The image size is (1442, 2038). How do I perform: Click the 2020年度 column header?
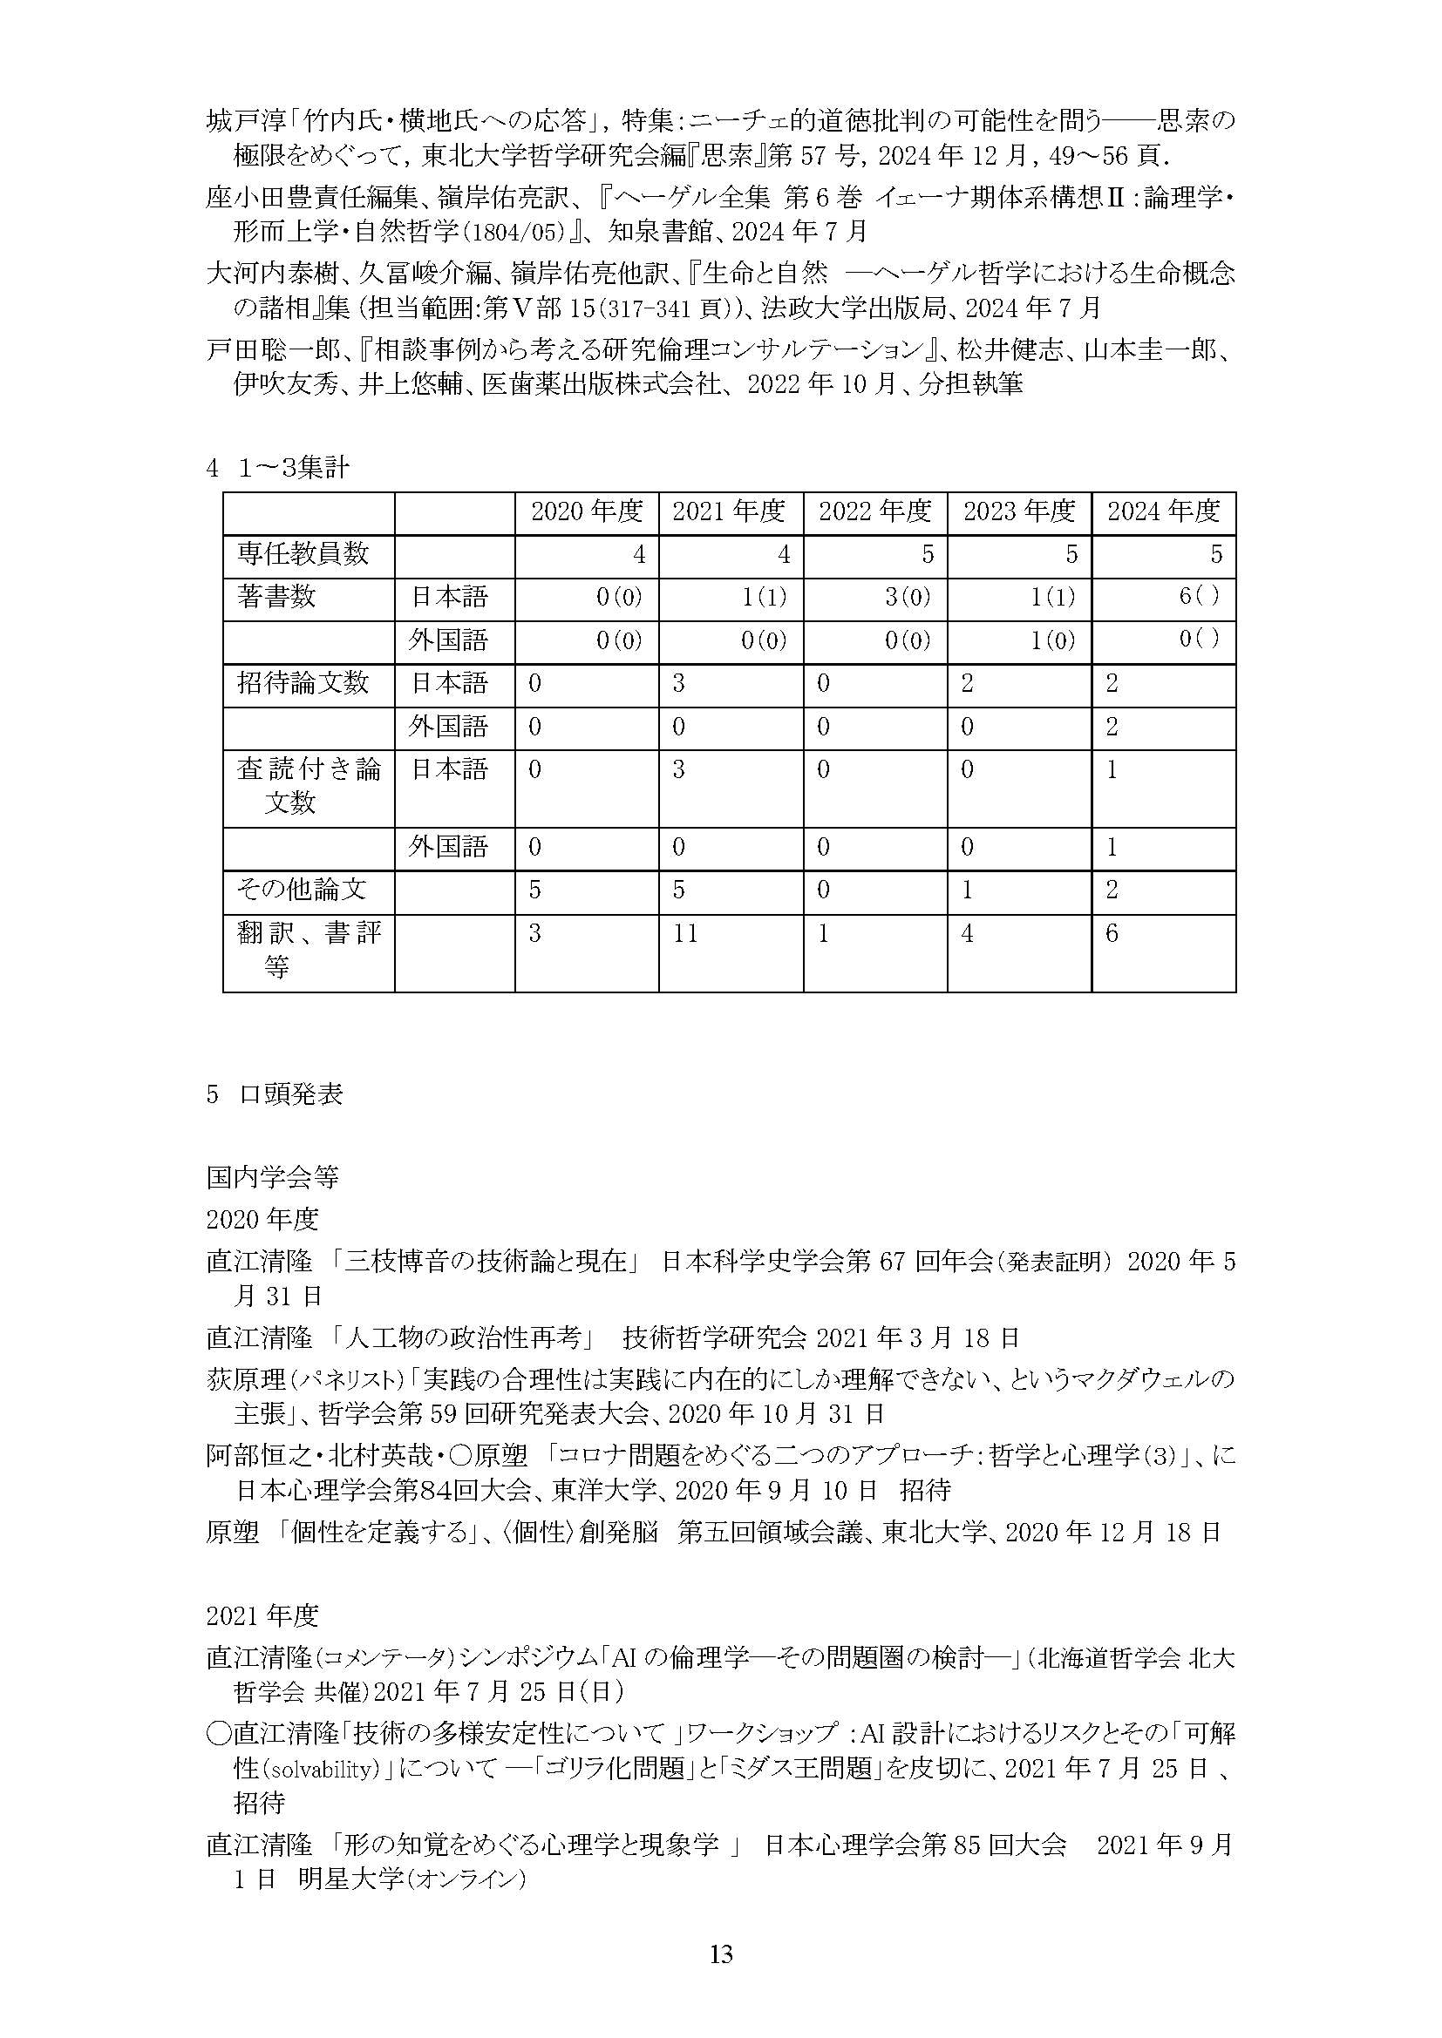[x=586, y=512]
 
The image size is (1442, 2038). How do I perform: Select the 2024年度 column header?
[x=1163, y=512]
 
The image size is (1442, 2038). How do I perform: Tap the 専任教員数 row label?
[x=302, y=555]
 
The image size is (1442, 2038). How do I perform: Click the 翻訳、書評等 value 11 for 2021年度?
[x=684, y=934]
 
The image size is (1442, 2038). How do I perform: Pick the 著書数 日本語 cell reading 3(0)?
[x=908, y=598]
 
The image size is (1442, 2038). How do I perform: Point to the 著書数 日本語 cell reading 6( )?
[x=1199, y=597]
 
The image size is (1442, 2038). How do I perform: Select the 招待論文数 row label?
[x=302, y=683]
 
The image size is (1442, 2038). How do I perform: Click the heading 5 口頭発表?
[x=275, y=1095]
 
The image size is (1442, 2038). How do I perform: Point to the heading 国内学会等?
[x=273, y=1178]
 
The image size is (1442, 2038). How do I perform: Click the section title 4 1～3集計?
[x=277, y=469]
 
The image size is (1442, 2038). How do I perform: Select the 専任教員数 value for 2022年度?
[x=927, y=555]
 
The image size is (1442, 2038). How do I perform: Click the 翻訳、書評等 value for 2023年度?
[x=967, y=934]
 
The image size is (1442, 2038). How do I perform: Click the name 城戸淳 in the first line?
[x=233, y=121]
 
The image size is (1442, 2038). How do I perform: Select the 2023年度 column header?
[x=1019, y=512]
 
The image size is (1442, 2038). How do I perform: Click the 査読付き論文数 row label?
[x=308, y=786]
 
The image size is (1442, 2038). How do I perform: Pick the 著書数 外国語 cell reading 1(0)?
[x=1051, y=640]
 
